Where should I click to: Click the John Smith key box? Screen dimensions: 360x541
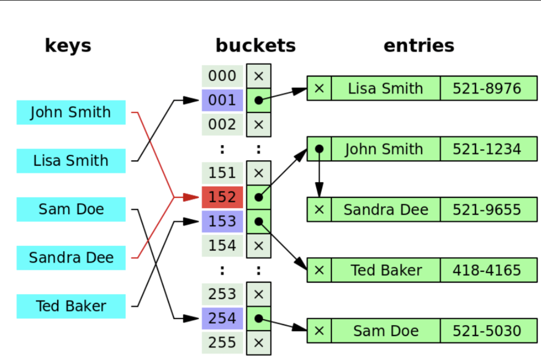tap(71, 113)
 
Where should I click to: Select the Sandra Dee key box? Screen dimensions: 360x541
tap(71, 258)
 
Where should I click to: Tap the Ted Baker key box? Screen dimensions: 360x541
tap(71, 306)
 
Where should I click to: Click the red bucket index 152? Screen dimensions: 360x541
tap(222, 197)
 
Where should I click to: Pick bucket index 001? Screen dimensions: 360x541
tap(222, 100)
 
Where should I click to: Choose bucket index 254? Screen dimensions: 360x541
tap(222, 318)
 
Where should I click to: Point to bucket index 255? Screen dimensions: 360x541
tap(222, 342)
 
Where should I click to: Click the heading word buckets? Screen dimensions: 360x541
tap(256, 46)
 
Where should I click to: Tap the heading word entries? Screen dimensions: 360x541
tap(419, 46)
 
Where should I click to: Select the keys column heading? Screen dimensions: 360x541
tap(68, 46)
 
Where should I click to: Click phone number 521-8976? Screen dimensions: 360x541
tap(487, 88)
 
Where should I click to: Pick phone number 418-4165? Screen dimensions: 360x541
tap(487, 270)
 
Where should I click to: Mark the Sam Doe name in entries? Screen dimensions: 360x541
tap(386, 331)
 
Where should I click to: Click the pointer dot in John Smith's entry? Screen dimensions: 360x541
tap(319, 149)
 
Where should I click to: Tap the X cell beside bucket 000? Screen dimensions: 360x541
tap(258, 76)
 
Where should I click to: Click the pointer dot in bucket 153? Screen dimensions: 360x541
tap(258, 222)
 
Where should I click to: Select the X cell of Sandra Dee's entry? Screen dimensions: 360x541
tap(319, 210)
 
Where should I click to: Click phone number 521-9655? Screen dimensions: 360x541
tap(487, 210)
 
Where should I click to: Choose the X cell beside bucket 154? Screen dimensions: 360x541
tap(258, 246)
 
